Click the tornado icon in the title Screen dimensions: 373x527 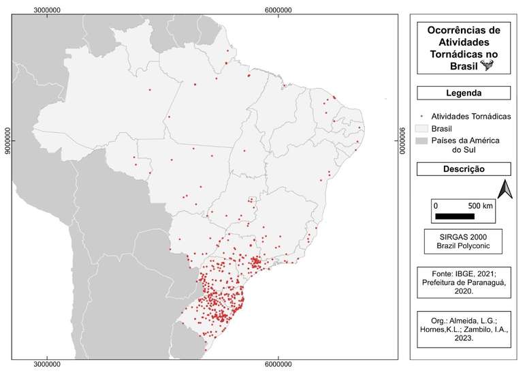488,65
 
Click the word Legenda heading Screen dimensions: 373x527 464,93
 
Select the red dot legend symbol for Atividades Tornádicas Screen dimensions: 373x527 420,115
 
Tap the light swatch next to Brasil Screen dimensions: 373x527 421,128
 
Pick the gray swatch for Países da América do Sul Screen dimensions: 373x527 421,140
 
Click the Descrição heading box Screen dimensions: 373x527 464,168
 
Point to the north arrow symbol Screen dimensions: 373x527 505,189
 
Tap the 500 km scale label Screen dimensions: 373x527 480,205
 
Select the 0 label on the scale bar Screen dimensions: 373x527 436,205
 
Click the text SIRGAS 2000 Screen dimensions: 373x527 464,236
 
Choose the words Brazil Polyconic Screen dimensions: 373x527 464,245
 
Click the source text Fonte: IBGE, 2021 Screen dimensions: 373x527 464,274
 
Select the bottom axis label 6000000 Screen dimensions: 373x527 278,366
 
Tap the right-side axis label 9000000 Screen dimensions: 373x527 402,140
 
